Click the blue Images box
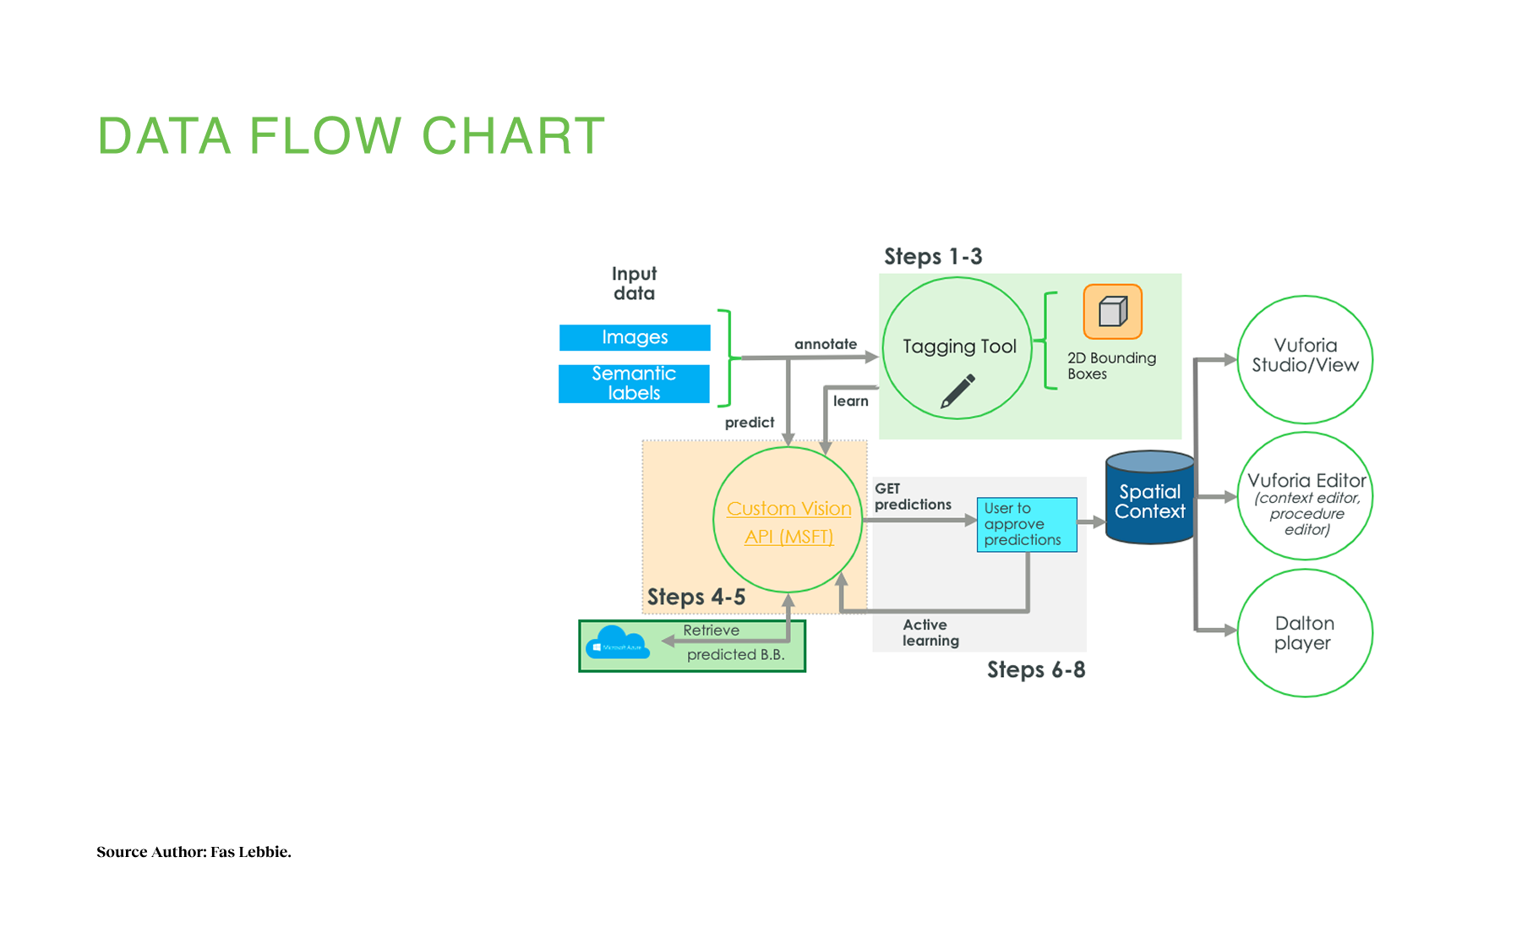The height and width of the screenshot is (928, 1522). pyautogui.click(x=635, y=337)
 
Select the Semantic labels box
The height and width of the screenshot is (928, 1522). pyautogui.click(x=634, y=384)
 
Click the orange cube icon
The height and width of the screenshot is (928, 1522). pyautogui.click(x=1112, y=312)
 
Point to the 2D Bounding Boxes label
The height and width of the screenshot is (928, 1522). pyautogui.click(x=1110, y=366)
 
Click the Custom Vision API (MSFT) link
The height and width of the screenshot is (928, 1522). pyautogui.click(x=788, y=521)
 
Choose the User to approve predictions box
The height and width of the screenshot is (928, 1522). pyautogui.click(x=1026, y=524)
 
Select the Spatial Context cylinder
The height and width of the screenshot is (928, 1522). pyautogui.click(x=1149, y=499)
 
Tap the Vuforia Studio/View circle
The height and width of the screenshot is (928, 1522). pyautogui.click(x=1305, y=358)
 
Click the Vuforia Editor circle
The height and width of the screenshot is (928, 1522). pyautogui.click(x=1305, y=496)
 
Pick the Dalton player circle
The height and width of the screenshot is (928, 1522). pyautogui.click(x=1304, y=633)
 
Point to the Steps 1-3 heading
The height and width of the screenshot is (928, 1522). pyautogui.click(x=933, y=257)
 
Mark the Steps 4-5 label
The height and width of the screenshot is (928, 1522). pyautogui.click(x=696, y=598)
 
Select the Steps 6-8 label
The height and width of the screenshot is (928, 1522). pyautogui.click(x=1036, y=670)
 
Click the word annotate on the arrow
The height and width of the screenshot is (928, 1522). pyautogui.click(x=825, y=344)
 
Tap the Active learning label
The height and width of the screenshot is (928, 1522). pyautogui.click(x=930, y=632)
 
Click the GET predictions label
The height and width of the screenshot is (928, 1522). pyautogui.click(x=912, y=497)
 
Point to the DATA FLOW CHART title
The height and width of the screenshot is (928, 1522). pyautogui.click(x=352, y=136)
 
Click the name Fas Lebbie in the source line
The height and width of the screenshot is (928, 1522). pyautogui.click(x=250, y=852)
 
